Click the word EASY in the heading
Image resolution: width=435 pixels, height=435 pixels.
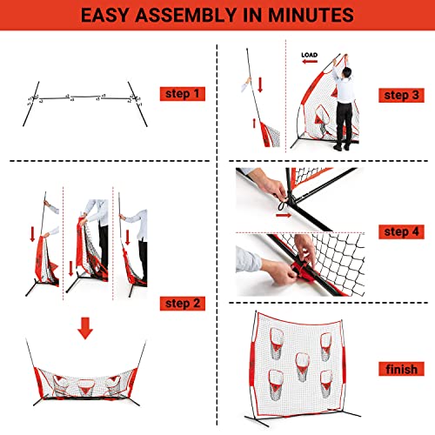pyautogui.click(x=97, y=15)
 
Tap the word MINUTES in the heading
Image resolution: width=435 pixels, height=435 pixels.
pyautogui.click(x=328, y=15)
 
